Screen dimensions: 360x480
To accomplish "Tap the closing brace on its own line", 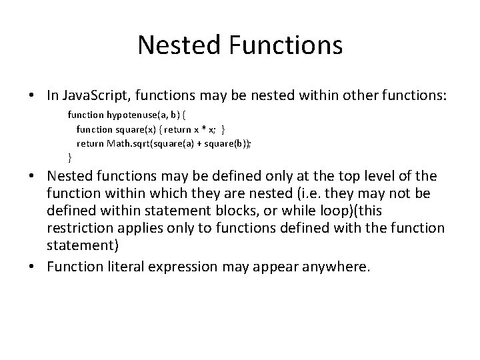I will point(70,157).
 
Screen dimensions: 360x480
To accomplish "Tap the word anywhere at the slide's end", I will point(335,267).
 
